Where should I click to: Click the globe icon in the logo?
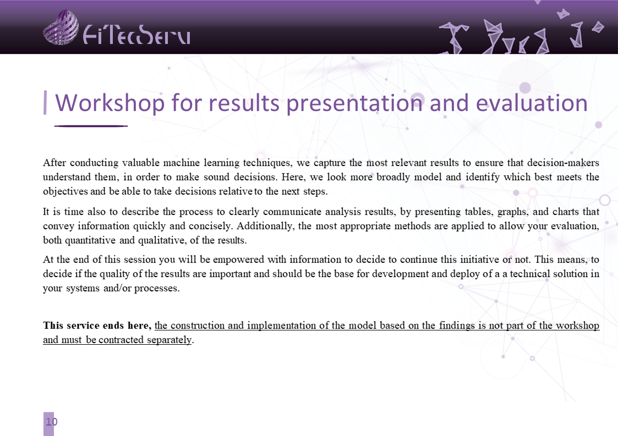tap(61, 27)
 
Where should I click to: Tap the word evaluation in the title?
tap(532, 103)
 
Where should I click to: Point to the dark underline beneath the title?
tap(91, 126)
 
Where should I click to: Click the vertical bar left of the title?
tap(45, 103)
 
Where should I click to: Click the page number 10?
tap(52, 422)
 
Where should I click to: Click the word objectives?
tap(65, 191)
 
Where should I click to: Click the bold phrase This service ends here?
tap(97, 325)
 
